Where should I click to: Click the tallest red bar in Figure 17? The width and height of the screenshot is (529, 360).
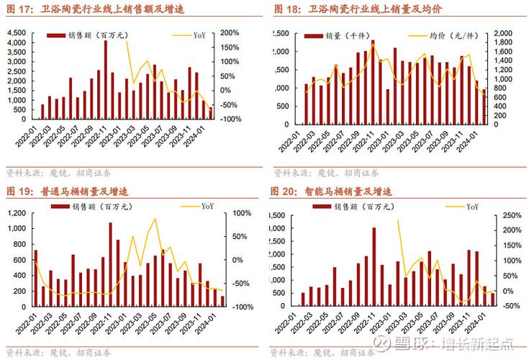[x=106, y=79]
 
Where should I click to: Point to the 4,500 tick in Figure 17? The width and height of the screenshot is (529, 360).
[x=14, y=33]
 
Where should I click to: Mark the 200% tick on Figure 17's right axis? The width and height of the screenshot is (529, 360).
[x=229, y=33]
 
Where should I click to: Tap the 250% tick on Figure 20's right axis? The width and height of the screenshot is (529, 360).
[x=510, y=215]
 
